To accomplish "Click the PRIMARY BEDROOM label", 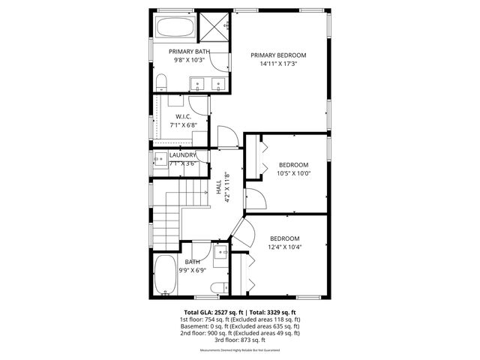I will point(279,55).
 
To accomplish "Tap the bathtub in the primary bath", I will point(175,29).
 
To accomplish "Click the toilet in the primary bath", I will point(162,81).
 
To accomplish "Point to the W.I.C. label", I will point(184,117).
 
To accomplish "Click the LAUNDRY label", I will point(183,155).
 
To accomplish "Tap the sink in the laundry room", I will point(160,158).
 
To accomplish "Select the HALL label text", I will point(218,187).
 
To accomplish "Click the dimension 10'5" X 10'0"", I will point(294,173).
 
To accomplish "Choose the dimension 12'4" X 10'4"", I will point(285,247).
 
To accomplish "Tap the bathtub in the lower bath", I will point(164,275).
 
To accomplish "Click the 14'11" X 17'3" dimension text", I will point(279,64).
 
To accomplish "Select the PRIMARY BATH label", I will point(189,51).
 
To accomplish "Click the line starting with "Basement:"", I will point(240,326).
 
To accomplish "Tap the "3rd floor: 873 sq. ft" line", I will point(240,340).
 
